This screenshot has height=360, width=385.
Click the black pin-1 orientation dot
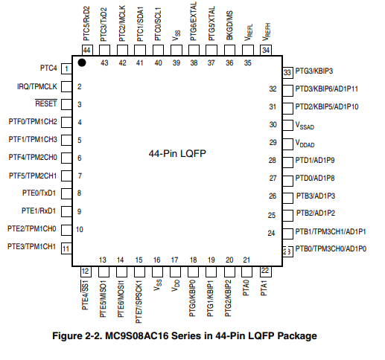[x=82, y=62]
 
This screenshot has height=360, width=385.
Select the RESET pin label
[x=46, y=103]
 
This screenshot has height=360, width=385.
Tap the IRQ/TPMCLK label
[x=37, y=86]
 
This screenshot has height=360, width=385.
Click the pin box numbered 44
[x=87, y=51]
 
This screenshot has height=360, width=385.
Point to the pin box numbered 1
[x=66, y=68]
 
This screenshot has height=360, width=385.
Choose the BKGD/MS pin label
[x=229, y=25]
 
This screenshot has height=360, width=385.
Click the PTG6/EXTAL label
[x=194, y=22]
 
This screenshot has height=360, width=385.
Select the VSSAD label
[x=305, y=126]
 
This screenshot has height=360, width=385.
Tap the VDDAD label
[x=305, y=144]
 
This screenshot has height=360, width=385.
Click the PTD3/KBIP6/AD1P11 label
[x=327, y=89]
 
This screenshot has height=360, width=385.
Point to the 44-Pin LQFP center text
[x=177, y=153]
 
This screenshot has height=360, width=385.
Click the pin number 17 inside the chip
[x=174, y=260]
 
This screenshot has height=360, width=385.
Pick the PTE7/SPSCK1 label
[x=139, y=302]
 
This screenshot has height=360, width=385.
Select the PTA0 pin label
[x=246, y=288]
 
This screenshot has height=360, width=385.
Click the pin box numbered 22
[x=265, y=271]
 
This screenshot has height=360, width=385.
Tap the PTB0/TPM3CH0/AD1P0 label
[x=331, y=248]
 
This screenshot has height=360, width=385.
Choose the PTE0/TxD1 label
[x=39, y=193]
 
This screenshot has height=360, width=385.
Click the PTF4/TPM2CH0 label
[x=33, y=157]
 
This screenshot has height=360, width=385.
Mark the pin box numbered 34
[x=266, y=51]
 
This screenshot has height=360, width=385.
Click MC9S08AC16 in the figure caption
[x=137, y=336]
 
